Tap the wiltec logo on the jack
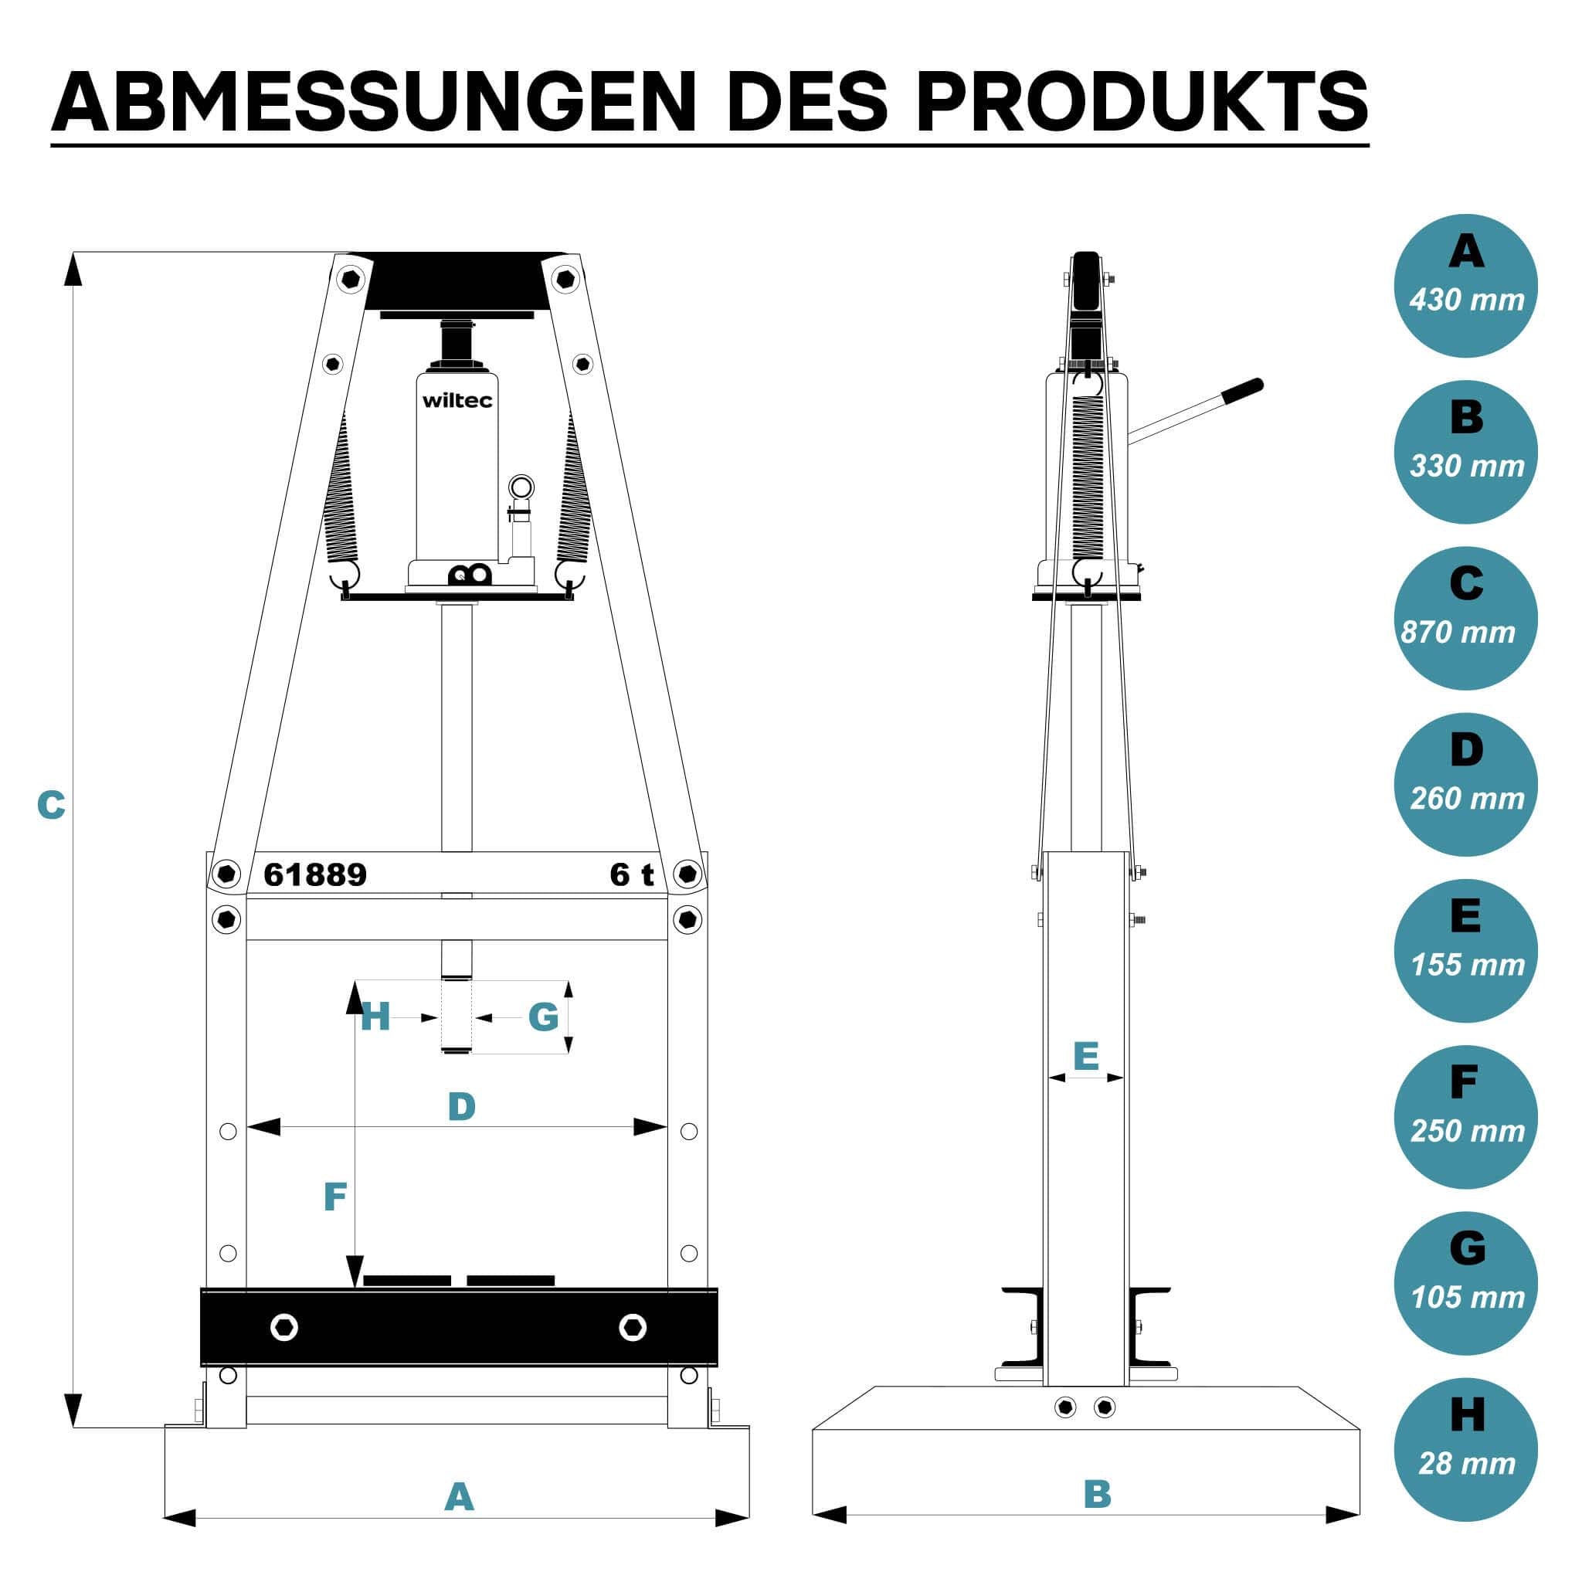click(457, 400)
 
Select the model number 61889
click(315, 874)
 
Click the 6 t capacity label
click(632, 874)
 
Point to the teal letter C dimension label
click(51, 805)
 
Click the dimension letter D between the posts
click(462, 1107)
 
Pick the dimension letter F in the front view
click(335, 1197)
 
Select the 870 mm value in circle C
click(1458, 632)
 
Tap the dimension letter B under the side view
click(1097, 1495)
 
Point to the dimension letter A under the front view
click(459, 1498)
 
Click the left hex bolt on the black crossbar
click(284, 1327)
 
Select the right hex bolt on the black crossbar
click(632, 1327)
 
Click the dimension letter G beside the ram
click(543, 1018)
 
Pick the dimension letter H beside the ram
click(375, 1018)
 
